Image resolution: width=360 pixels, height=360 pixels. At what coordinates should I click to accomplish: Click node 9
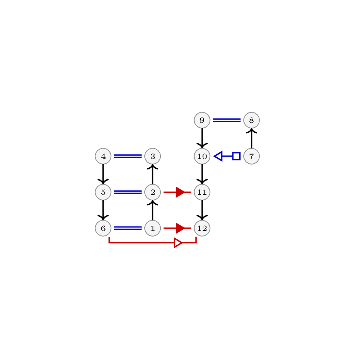coord(202,120)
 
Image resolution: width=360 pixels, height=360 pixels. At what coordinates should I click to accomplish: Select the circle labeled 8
coord(252,120)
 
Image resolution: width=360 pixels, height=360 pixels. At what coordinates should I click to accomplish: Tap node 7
coord(252,156)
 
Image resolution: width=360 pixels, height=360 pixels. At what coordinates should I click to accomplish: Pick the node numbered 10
coord(202,156)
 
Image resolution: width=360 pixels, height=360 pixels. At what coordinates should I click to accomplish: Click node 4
coord(103,156)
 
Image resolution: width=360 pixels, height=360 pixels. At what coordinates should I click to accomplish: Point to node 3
coord(153,156)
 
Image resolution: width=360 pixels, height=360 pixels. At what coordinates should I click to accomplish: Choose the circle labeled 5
coord(103,192)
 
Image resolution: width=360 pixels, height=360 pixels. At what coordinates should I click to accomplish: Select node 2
coord(153,192)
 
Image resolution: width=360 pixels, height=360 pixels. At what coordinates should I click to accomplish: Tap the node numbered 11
coord(202,192)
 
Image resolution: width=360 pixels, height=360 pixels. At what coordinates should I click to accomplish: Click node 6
coord(103,228)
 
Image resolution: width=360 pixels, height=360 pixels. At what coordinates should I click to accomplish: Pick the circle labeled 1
coord(153,228)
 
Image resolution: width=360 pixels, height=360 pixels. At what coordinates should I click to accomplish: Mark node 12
coord(202,228)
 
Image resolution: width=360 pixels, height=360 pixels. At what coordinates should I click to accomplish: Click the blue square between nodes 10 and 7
coord(237,156)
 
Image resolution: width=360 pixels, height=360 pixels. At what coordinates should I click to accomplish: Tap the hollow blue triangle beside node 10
coord(219,156)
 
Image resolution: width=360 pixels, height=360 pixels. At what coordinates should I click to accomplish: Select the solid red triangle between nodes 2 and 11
coord(180,192)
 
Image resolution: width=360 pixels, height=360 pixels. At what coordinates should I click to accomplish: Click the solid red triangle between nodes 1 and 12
coord(180,228)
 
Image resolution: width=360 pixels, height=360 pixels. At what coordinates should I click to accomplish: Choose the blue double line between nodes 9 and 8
coord(227,120)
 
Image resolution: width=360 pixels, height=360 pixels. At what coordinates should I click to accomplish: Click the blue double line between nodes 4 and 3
coord(128,156)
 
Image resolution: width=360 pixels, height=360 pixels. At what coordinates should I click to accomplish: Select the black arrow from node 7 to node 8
coord(252,138)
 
